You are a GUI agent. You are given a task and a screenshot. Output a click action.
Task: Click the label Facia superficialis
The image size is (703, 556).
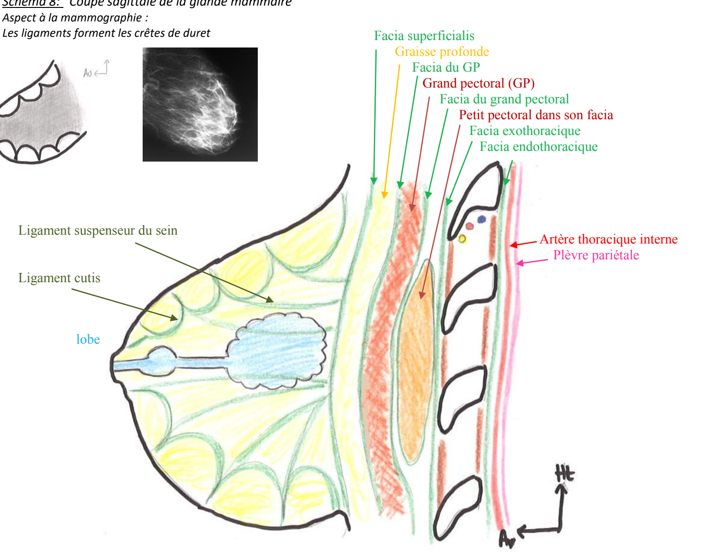424,36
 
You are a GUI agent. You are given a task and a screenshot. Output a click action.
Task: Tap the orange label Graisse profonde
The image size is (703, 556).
442,52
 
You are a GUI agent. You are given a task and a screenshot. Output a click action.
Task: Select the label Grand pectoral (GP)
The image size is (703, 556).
478,83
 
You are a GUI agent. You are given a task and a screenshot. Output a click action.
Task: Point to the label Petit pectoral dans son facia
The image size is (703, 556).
536,115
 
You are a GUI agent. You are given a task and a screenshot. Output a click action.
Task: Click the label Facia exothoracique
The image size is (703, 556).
524,131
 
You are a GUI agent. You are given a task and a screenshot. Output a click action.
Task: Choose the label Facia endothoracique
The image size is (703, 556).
538,147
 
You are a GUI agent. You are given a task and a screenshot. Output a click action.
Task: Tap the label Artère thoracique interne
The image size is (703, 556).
608,239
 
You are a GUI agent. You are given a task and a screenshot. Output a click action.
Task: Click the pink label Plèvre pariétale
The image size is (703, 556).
596,255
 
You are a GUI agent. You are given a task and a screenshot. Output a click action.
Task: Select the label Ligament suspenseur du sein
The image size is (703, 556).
98,231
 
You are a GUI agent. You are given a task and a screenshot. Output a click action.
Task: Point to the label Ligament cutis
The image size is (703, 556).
59,278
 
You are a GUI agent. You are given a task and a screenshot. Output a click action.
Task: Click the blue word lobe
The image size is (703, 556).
88,339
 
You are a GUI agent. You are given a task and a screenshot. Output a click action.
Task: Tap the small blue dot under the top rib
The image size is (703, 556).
482,219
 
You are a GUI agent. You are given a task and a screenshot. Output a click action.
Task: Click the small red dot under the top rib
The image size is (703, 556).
470,226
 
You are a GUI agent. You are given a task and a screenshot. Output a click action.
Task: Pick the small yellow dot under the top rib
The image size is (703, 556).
462,239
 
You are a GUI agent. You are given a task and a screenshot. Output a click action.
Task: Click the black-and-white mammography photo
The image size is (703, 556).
200,104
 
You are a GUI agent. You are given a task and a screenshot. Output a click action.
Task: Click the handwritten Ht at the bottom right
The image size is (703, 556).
565,474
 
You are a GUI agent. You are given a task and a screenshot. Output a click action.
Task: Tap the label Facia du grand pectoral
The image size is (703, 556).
504,99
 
